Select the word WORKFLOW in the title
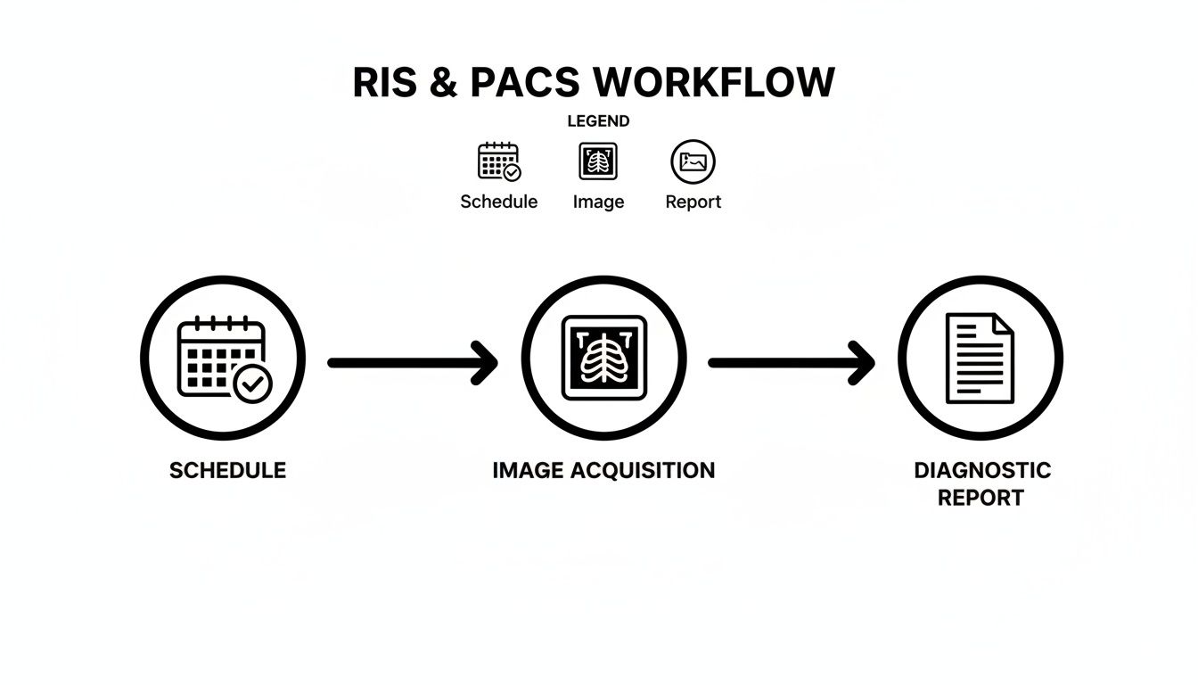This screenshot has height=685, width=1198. coord(714,83)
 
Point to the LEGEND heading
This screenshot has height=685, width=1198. coord(598,121)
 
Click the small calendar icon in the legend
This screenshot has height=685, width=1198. coord(499,161)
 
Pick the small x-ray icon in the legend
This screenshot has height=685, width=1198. coord(598,161)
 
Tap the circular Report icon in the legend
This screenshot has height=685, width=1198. coord(693,161)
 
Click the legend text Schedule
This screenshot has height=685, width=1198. coord(498,202)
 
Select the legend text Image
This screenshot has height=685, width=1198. coord(598,202)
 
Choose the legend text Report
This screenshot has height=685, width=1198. coord(693,202)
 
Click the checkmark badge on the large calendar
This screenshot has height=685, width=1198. coord(252,384)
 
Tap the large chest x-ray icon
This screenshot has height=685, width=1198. coord(603,359)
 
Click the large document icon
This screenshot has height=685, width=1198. coord(979,359)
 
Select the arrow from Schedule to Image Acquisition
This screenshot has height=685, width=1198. coord(412,362)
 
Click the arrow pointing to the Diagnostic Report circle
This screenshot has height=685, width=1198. coord(791,362)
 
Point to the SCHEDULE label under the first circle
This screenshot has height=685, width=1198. coord(227,471)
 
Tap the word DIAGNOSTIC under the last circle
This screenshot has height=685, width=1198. coord(982,471)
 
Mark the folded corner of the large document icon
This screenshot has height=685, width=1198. coord(1004,323)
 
